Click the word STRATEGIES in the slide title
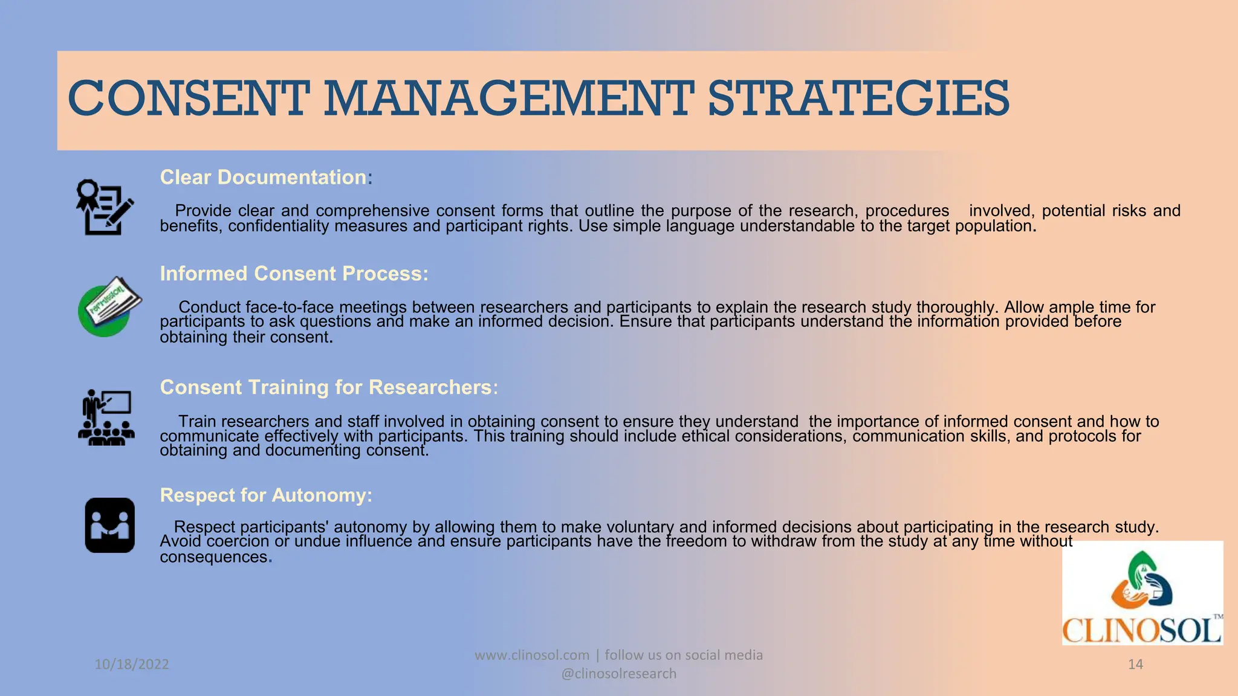click(x=858, y=98)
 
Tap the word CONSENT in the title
click(x=189, y=98)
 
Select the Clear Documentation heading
click(x=263, y=177)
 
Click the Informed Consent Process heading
click(x=294, y=274)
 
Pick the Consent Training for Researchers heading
click(x=328, y=387)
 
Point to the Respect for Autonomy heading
click(x=265, y=495)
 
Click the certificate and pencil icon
click(x=105, y=207)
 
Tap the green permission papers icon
click(x=109, y=306)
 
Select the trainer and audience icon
click(x=106, y=417)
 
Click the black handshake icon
click(x=109, y=525)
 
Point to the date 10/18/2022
click(x=132, y=665)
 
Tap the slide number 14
click(x=1135, y=665)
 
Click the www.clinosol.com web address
click(x=531, y=655)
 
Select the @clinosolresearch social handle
click(x=619, y=674)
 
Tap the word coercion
click(x=238, y=541)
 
